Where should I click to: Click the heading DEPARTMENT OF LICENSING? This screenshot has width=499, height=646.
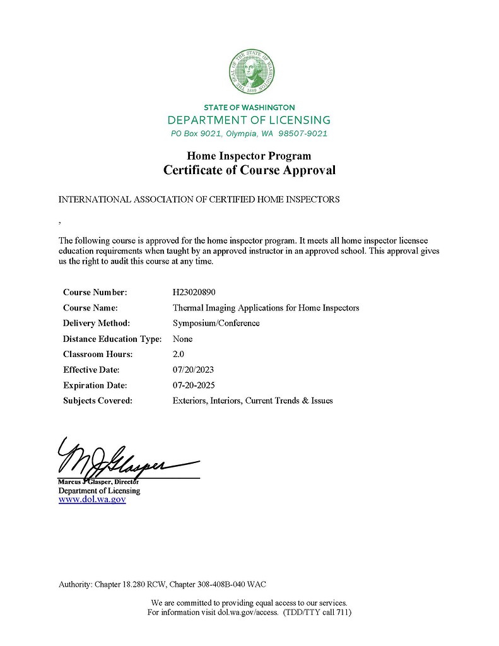click(249, 120)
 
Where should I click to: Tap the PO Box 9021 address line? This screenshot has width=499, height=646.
click(249, 134)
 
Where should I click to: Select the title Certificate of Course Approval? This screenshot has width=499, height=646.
click(249, 170)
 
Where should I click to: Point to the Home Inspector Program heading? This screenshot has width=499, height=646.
click(249, 155)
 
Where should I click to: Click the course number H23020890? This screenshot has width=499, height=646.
click(197, 292)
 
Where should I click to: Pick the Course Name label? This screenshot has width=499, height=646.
click(91, 308)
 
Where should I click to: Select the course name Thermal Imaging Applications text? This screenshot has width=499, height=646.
click(266, 308)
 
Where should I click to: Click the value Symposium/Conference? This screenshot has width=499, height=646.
click(216, 323)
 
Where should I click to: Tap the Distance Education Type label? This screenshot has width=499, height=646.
click(112, 339)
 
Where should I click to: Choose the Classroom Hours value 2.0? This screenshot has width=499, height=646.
click(179, 354)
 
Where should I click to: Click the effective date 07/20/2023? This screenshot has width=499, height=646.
click(193, 370)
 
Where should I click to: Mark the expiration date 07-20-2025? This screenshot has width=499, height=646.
click(193, 385)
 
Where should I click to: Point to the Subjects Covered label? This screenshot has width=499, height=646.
click(98, 401)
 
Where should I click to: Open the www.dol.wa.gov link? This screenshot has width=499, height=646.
click(92, 500)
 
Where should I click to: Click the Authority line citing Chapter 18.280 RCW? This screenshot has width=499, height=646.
click(167, 584)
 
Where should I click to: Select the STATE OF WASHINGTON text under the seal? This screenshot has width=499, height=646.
click(249, 107)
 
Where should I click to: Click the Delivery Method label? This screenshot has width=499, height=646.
click(97, 323)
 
